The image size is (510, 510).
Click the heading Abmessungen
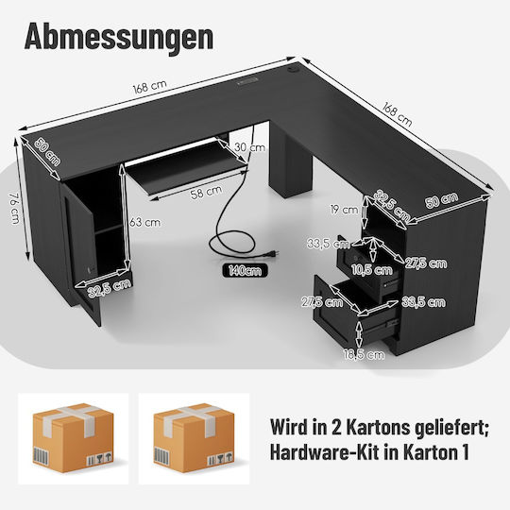tap(119, 38)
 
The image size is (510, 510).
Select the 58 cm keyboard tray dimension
tap(206, 192)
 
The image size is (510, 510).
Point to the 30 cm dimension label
tap(249, 147)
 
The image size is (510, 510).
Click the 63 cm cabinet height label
tap(144, 223)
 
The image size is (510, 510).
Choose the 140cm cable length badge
tap(245, 271)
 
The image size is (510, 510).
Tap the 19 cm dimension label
tap(344, 210)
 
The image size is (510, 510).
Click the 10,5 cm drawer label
tap(372, 269)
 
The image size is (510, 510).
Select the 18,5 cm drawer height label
tap(364, 354)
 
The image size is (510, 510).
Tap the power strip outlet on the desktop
tap(247, 80)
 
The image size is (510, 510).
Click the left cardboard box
tap(73, 437)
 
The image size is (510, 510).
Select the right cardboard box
tap(195, 437)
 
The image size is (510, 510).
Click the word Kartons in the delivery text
tap(377, 427)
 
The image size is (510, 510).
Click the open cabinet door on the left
tap(80, 254)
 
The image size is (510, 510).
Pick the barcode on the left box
tap(41, 456)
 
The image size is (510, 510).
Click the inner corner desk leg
tap(290, 162)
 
